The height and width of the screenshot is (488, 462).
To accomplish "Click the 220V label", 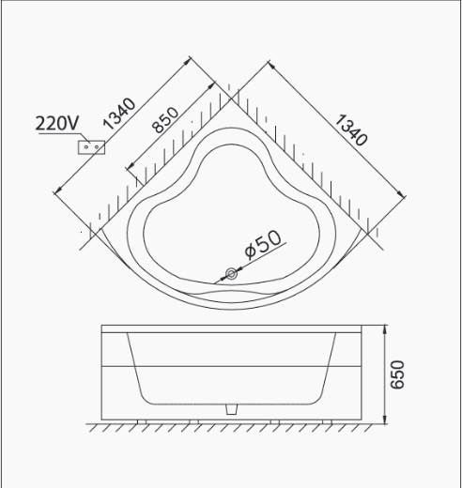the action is click(x=57, y=123).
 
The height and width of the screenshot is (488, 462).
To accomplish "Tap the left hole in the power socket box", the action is click(x=86, y=146).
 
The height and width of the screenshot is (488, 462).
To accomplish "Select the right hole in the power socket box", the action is click(x=97, y=146).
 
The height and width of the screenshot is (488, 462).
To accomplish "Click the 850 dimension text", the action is click(x=165, y=120).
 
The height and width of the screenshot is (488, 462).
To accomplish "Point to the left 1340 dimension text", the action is click(x=119, y=114).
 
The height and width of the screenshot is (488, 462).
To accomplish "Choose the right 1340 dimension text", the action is click(x=351, y=130).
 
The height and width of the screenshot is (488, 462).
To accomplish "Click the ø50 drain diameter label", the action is click(x=263, y=244).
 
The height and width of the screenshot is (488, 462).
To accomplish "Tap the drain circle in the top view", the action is click(x=231, y=274).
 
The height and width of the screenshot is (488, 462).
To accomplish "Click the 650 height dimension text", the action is click(x=397, y=374).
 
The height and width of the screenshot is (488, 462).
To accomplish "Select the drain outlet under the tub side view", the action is click(x=231, y=409).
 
